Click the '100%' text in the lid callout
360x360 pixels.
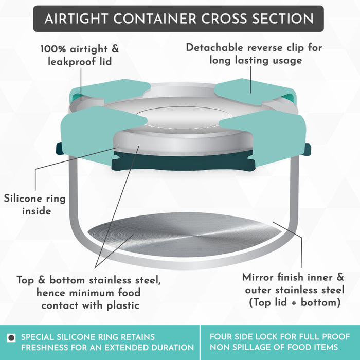53,49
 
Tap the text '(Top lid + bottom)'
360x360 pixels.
295,302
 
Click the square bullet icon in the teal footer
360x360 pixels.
11,338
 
